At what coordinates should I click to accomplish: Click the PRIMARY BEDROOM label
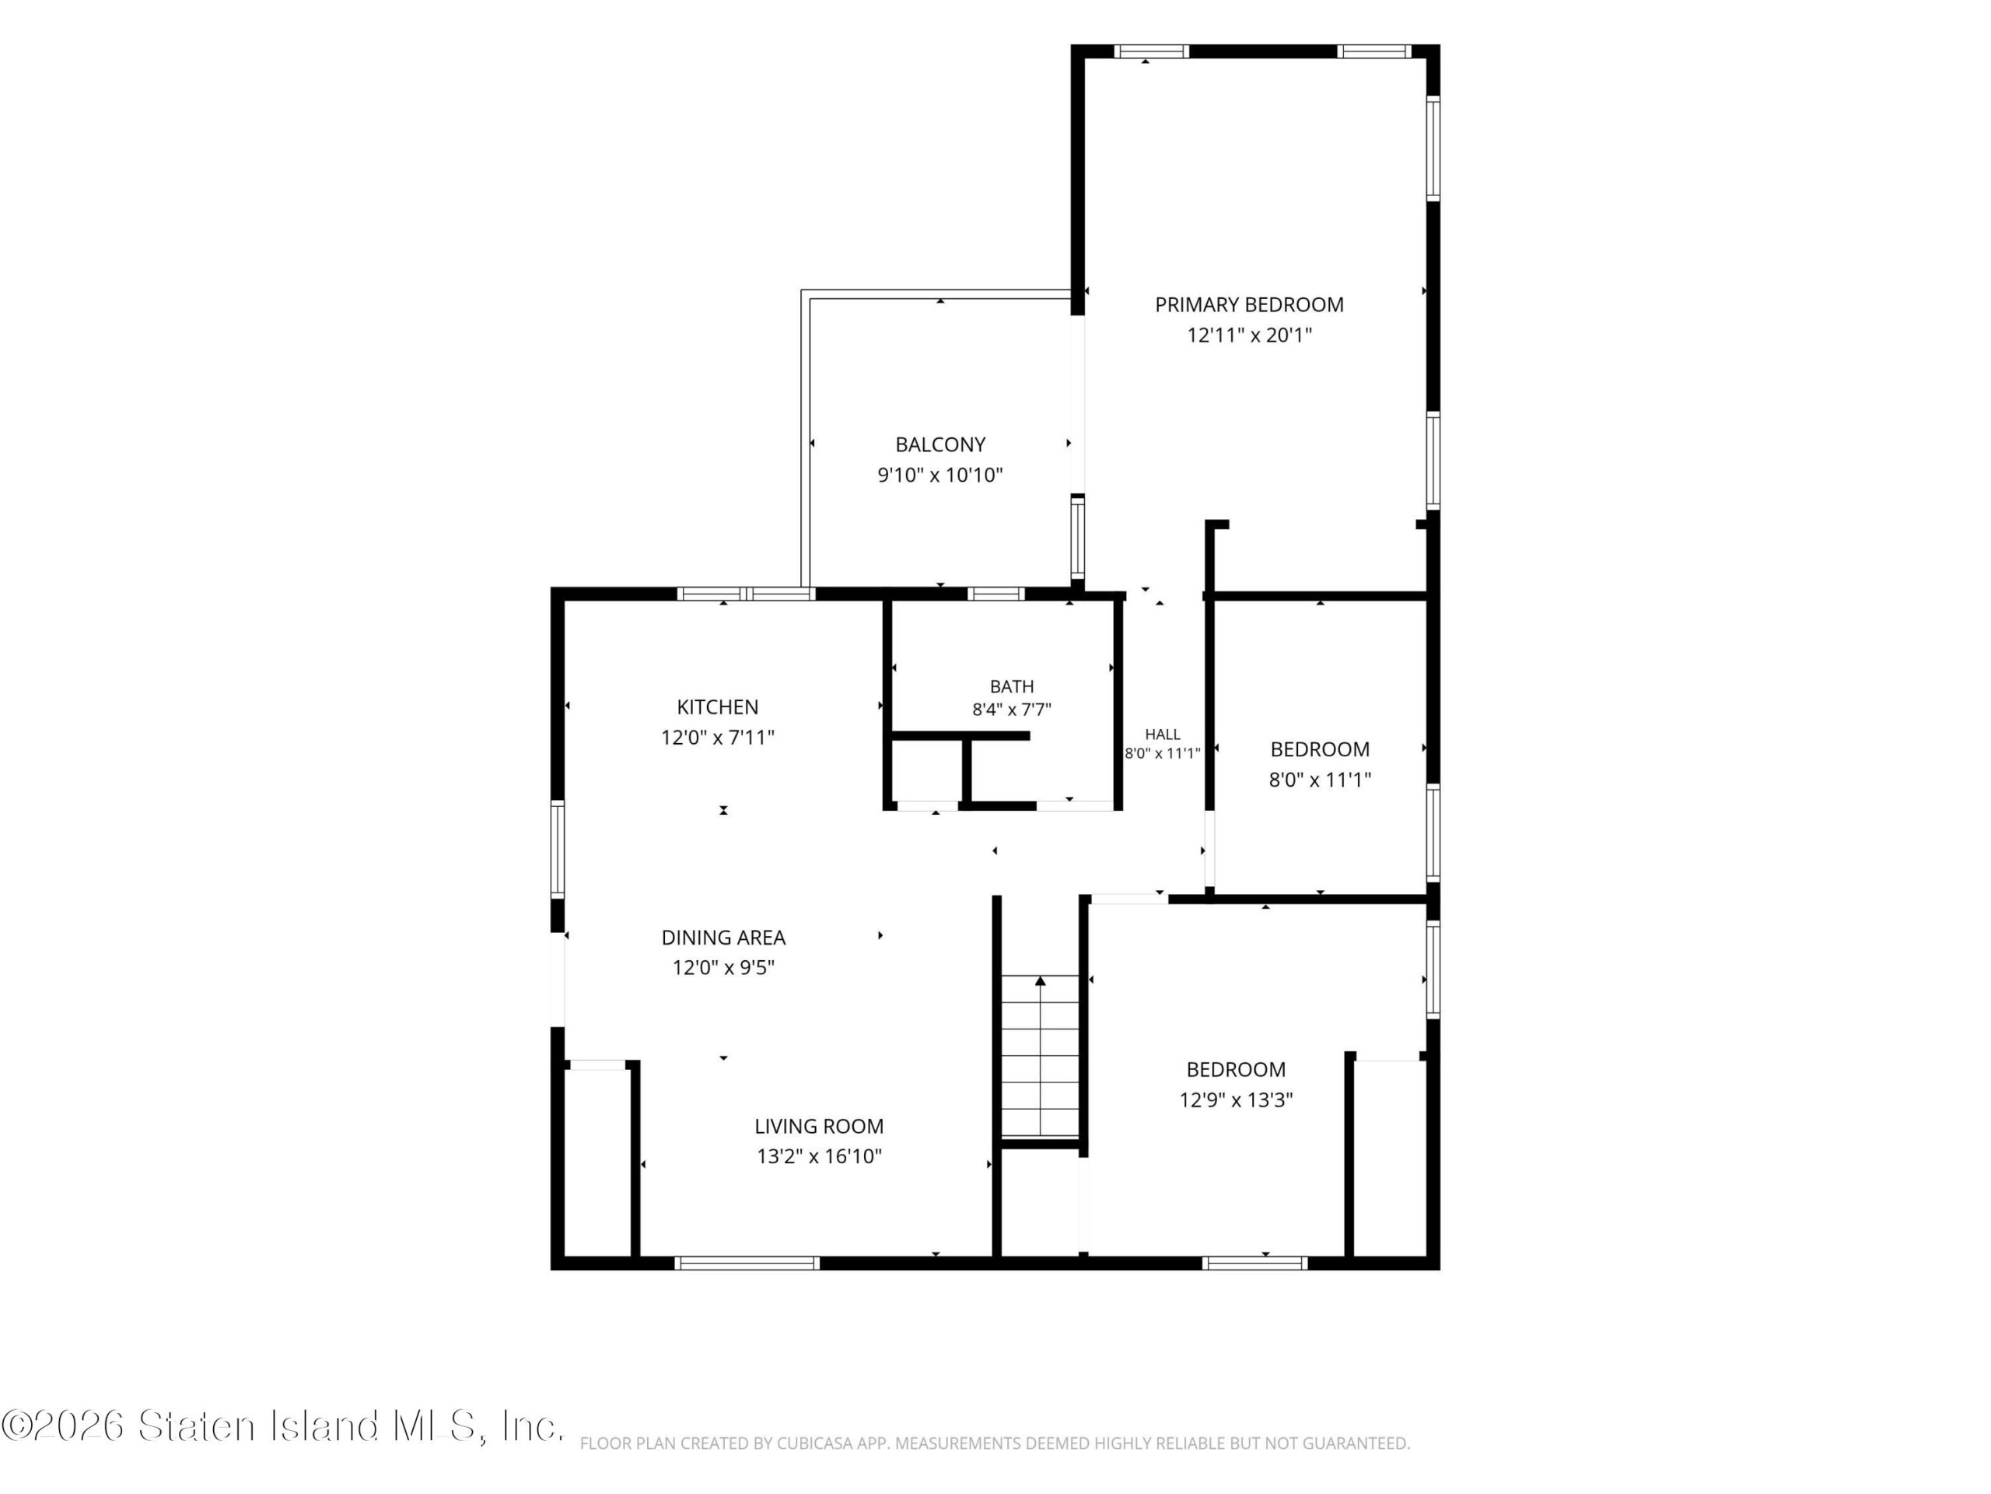point(1249,305)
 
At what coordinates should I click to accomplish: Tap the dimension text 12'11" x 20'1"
point(1249,336)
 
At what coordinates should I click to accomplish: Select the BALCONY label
point(940,445)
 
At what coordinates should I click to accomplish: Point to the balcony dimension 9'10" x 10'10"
point(940,475)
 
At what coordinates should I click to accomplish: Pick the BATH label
point(1012,687)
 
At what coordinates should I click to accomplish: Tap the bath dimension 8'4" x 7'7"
point(1012,710)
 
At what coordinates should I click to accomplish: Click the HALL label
point(1163,735)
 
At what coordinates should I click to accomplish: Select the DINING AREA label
point(723,938)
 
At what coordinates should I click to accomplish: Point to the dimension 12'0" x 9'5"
point(723,968)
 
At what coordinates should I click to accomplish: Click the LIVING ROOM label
point(819,1127)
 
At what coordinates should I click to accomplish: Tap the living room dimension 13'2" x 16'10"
point(819,1157)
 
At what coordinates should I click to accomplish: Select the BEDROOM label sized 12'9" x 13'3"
point(1236,1070)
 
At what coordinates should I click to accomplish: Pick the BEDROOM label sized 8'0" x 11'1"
point(1320,749)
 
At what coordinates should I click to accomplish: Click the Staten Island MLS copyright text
point(282,1426)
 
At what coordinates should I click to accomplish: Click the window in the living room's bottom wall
point(747,1264)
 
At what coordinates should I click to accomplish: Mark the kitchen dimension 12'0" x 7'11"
point(717,738)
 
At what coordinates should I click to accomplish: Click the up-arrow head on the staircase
point(1041,980)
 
